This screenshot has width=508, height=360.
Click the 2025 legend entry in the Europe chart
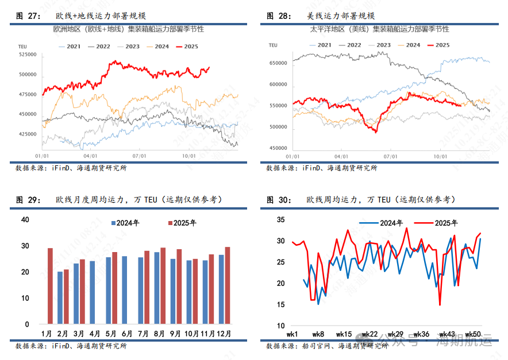(x=192, y=47)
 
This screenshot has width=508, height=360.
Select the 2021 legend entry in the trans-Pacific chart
(x=320, y=45)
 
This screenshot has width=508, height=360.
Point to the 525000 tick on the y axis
(x=28, y=55)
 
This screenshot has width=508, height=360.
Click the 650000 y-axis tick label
(x=278, y=63)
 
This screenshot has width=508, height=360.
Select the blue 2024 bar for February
(x=60, y=297)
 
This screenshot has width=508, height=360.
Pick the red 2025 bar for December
(x=228, y=285)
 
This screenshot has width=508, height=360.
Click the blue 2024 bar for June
(x=125, y=290)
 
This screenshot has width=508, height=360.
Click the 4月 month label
(x=95, y=334)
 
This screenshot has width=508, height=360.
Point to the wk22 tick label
(x=370, y=334)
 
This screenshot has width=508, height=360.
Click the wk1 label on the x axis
(x=292, y=334)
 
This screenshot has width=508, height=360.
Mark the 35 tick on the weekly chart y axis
(x=281, y=219)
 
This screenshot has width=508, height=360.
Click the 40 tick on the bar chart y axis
(x=25, y=219)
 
